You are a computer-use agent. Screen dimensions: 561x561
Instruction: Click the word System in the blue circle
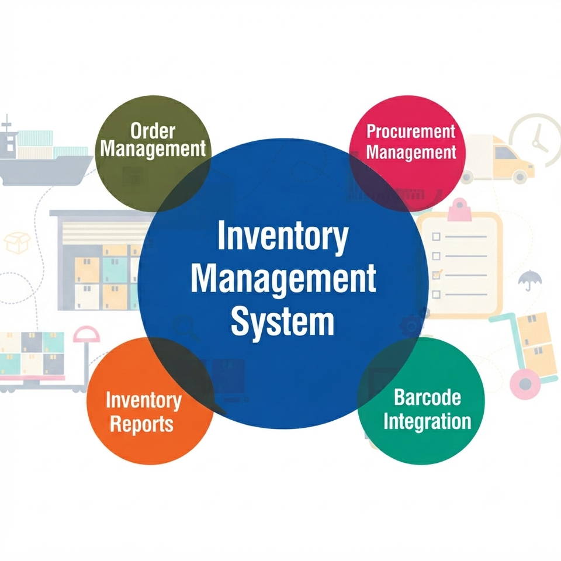pyautogui.click(x=283, y=321)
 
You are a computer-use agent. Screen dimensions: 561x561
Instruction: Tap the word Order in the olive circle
pyautogui.click(x=153, y=131)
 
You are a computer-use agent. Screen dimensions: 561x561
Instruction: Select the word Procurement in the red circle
pyautogui.click(x=411, y=132)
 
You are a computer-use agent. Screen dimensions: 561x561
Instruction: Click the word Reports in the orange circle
pyautogui.click(x=141, y=424)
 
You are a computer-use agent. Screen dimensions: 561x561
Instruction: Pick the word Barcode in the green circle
pyautogui.click(x=427, y=397)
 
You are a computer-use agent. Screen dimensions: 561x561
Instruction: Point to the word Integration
pyautogui.click(x=427, y=421)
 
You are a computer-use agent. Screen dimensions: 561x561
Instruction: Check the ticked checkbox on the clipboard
pyautogui.click(x=437, y=275)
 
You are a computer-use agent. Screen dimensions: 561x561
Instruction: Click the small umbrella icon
pyautogui.click(x=530, y=279)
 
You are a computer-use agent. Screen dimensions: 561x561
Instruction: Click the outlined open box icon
pyautogui.click(x=17, y=243)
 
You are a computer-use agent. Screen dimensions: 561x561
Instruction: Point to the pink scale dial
pyautogui.click(x=86, y=334)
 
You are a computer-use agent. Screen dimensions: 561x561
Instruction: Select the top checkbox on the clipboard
pyautogui.click(x=436, y=237)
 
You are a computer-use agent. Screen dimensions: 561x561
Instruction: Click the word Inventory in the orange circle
pyautogui.click(x=144, y=400)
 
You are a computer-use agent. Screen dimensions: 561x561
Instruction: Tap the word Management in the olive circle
pyautogui.click(x=153, y=148)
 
